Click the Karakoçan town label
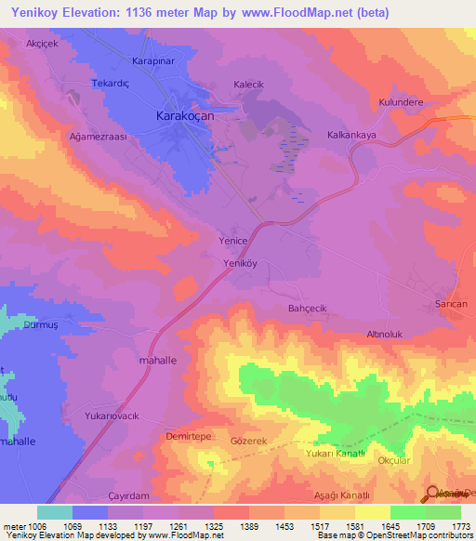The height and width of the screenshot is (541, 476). [184, 118]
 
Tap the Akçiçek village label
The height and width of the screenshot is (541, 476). [44, 44]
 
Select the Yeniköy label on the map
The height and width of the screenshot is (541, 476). [240, 263]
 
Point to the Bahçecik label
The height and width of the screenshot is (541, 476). [308, 308]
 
